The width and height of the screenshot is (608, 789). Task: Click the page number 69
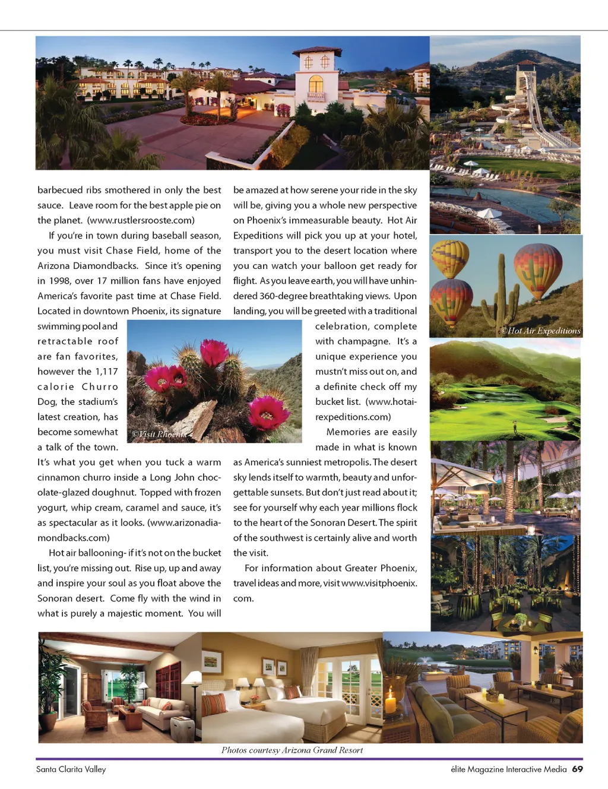(577, 769)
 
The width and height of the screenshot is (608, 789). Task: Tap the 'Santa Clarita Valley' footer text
(71, 769)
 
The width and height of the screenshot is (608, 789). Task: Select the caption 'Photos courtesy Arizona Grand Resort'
(292, 750)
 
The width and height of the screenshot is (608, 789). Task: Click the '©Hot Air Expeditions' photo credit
(540, 331)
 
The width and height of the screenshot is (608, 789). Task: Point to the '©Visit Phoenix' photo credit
(159, 434)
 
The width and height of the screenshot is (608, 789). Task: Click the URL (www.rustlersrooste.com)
(141, 220)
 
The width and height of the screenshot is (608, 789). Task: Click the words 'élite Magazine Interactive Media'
(509, 769)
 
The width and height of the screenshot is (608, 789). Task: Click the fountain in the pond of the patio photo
(426, 660)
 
